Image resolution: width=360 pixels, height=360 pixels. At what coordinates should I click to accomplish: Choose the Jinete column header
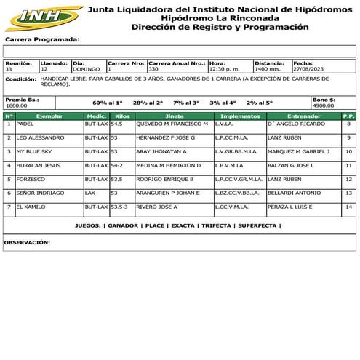pos(174,116)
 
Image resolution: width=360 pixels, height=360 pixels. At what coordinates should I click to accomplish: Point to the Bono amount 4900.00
pos(324,105)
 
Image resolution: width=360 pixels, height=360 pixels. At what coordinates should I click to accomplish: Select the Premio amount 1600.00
pos(17,105)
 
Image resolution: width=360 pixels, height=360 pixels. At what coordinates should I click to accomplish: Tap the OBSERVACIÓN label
pos(27,242)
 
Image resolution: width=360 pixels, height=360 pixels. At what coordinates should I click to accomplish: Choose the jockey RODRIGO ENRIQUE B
pos(165,179)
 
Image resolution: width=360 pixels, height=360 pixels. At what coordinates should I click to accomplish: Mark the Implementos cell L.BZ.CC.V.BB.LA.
pos(238,193)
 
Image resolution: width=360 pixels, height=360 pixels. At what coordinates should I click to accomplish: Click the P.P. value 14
pos(348,207)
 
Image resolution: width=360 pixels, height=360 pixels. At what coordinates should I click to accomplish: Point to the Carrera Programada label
pos(42,39)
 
